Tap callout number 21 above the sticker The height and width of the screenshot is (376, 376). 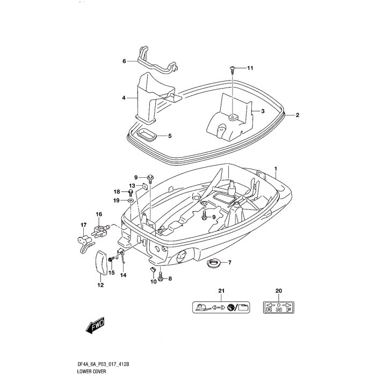coord(220,291)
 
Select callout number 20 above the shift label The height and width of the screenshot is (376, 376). coord(279,291)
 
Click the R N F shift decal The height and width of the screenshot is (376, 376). coord(279,307)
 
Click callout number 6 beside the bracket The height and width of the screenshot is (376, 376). coord(124,61)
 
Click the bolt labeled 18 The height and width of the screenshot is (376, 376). coord(131,192)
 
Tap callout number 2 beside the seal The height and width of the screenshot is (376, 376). coord(297,115)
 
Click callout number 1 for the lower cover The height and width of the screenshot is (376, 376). coord(276,169)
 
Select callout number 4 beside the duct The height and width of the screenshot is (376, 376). coord(124,98)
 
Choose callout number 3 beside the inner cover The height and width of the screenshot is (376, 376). coord(263,111)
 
